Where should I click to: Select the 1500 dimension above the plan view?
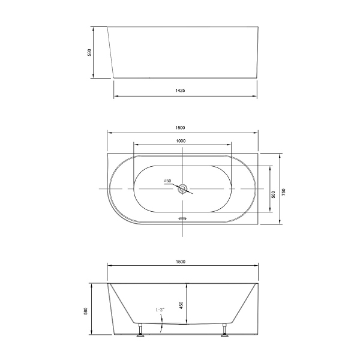coord(181,127)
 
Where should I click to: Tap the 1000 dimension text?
coord(181,140)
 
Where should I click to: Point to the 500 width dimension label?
coord(274,194)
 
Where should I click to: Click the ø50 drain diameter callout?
coord(168,181)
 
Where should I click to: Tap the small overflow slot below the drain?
coord(184,219)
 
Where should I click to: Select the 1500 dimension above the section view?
coord(181,262)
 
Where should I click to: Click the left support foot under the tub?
coord(140,331)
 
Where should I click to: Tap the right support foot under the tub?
coord(226,331)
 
